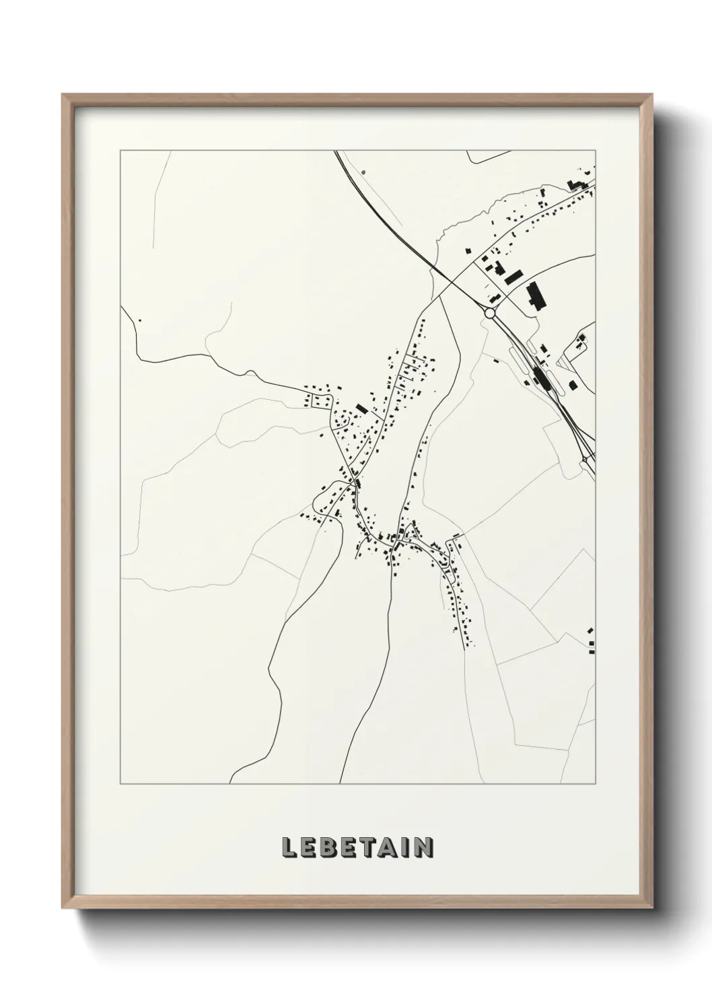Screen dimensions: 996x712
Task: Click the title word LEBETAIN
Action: click(357, 847)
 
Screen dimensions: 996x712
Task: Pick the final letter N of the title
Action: click(424, 847)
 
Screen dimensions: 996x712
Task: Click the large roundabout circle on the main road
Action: click(489, 313)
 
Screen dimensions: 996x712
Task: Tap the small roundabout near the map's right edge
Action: click(585, 460)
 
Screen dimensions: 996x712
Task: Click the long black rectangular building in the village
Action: click(361, 408)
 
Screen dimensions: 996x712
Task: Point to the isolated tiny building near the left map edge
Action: click(140, 320)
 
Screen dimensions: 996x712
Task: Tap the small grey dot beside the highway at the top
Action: click(363, 172)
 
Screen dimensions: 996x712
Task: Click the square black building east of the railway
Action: click(573, 385)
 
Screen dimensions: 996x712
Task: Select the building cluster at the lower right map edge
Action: click(591, 643)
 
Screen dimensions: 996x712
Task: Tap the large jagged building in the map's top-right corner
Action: click(576, 184)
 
